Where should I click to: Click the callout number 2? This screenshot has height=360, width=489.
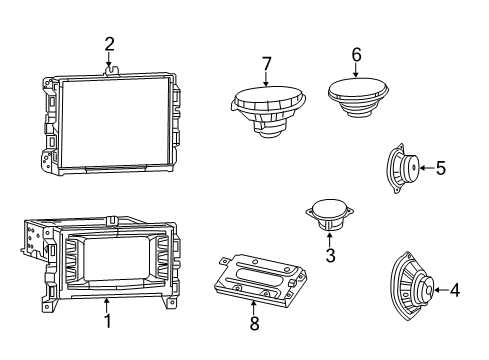[x=109, y=43]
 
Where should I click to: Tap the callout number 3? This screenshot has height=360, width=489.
[x=330, y=256]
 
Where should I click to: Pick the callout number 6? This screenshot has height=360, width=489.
[x=356, y=55]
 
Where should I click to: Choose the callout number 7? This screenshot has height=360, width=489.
[x=266, y=64]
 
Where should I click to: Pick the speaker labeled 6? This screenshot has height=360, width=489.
[x=358, y=97]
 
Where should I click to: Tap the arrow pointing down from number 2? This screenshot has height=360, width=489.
[x=109, y=60]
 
